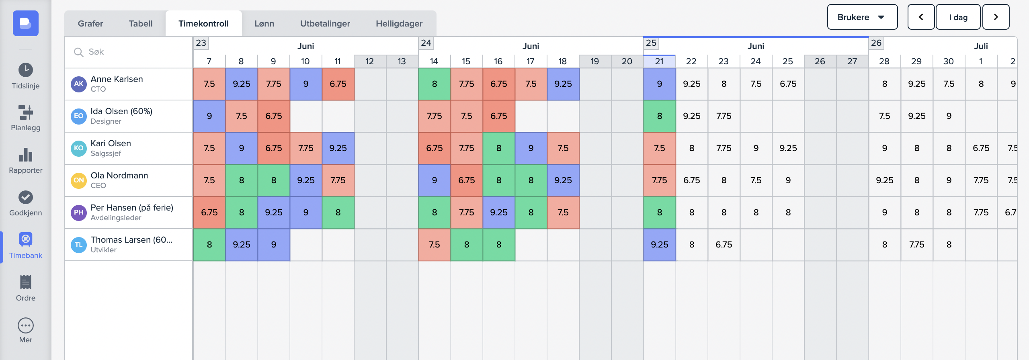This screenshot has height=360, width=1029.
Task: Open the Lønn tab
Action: pyautogui.click(x=264, y=24)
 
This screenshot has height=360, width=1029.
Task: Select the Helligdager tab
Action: pyautogui.click(x=399, y=24)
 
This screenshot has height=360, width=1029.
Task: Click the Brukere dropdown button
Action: pyautogui.click(x=862, y=17)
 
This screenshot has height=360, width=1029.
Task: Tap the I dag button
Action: pyautogui.click(x=958, y=17)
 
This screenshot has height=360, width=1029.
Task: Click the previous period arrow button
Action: pyautogui.click(x=920, y=17)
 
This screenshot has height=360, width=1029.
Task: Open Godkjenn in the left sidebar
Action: pyautogui.click(x=26, y=203)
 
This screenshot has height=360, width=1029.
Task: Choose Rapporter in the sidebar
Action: pyautogui.click(x=26, y=161)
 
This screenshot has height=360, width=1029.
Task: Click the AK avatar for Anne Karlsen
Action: pyautogui.click(x=79, y=84)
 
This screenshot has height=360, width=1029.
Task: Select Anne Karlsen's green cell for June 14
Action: pyautogui.click(x=434, y=84)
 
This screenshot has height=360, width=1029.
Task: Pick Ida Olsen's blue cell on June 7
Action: pyautogui.click(x=209, y=116)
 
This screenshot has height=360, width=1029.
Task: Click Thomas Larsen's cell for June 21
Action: pyautogui.click(x=659, y=245)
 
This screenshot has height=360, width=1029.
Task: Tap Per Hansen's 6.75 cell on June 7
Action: pyautogui.click(x=209, y=213)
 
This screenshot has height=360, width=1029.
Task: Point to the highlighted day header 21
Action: pyautogui.click(x=659, y=61)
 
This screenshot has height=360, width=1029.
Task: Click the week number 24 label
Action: pyautogui.click(x=426, y=43)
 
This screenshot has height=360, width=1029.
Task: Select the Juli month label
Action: pyautogui.click(x=981, y=46)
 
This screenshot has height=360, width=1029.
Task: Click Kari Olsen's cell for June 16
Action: pyautogui.click(x=498, y=148)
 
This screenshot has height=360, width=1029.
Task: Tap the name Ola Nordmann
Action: pyautogui.click(x=119, y=176)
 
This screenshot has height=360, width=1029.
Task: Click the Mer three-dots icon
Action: pyautogui.click(x=26, y=325)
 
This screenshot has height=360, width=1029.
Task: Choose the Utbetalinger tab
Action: pyautogui.click(x=325, y=24)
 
